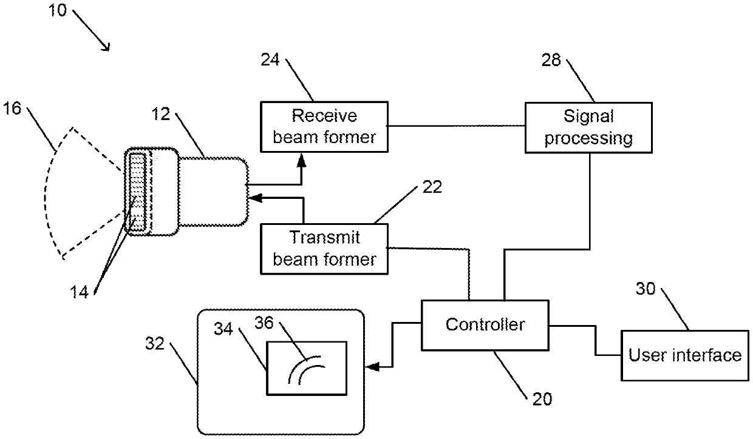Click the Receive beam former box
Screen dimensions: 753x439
324,127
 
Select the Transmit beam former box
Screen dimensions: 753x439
324,249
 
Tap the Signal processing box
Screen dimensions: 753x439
588,127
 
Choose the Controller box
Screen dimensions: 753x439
485,325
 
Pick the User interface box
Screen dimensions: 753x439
685,355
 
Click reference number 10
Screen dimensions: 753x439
58,10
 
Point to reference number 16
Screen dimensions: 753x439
12,109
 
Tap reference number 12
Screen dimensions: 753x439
161,114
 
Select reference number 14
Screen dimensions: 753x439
79,292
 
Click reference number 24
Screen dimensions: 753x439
270,60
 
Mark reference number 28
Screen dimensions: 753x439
551,60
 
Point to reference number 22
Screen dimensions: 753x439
432,187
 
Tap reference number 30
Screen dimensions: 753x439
646,289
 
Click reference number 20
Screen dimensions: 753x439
542,399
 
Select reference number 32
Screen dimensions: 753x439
155,343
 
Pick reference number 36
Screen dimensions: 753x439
264,323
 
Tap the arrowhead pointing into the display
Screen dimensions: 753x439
372,367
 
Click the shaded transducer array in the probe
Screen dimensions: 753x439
137,192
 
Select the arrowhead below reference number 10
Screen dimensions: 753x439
106,48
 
